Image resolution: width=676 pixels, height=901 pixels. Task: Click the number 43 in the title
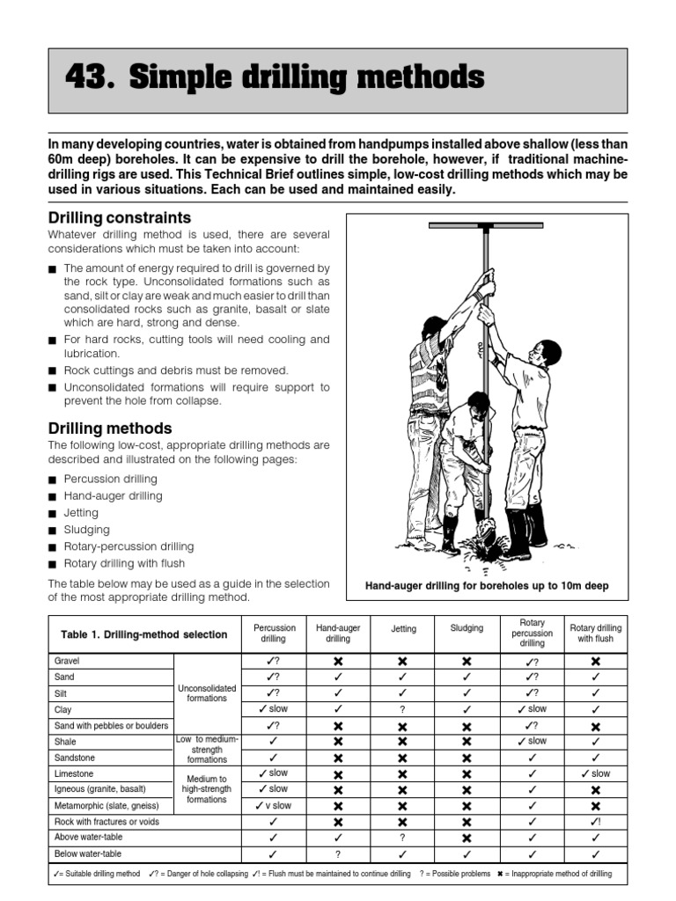(89, 79)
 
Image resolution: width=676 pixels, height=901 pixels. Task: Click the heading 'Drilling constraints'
(119, 217)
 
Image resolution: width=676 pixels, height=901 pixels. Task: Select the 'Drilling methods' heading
(109, 429)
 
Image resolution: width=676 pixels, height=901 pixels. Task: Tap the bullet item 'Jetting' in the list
(81, 513)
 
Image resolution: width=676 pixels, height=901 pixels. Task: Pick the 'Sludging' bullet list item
(86, 530)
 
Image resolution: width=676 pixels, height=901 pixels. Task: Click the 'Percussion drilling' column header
(275, 634)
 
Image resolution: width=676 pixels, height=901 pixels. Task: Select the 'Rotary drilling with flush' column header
(596, 634)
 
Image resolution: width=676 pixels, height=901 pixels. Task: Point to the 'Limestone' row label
(74, 773)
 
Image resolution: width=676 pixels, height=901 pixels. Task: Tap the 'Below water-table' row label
(88, 853)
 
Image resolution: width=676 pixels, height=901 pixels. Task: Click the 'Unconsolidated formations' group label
(207, 692)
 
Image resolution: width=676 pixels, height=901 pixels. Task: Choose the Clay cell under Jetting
(402, 709)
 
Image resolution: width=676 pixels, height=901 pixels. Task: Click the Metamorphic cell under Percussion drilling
(275, 806)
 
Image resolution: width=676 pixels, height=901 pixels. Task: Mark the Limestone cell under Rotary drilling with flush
(596, 773)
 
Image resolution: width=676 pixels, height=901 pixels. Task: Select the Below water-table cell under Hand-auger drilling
(338, 853)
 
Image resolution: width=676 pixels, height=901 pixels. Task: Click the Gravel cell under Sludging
(467, 661)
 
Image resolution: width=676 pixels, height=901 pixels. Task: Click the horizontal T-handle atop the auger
(486, 227)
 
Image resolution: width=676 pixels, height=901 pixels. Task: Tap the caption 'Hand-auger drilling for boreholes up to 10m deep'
(487, 586)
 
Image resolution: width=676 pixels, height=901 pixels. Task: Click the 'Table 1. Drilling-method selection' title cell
(143, 634)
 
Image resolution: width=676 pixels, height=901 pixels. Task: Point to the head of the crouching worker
(478, 404)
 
